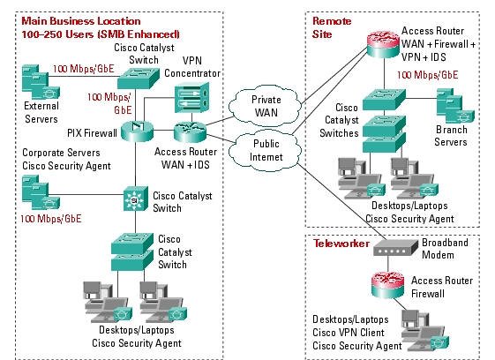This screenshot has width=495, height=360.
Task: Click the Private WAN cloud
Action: pyautogui.click(x=265, y=106)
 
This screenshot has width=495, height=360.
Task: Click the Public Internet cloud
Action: pyautogui.click(x=265, y=150)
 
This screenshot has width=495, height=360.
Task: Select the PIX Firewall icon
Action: pyautogui.click(x=137, y=131)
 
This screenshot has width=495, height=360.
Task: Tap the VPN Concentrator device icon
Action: pyautogui.click(x=192, y=98)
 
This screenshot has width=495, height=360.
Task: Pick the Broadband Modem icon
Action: pyautogui.click(x=395, y=248)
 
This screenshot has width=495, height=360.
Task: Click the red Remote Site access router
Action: pyautogui.click(x=383, y=44)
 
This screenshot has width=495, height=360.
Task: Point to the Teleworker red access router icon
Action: pyautogui.click(x=387, y=285)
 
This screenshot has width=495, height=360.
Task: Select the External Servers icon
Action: pyautogui.click(x=41, y=82)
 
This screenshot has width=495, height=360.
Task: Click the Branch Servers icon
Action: pyautogui.click(x=455, y=106)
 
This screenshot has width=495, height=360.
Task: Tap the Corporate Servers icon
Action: pyautogui.click(x=41, y=192)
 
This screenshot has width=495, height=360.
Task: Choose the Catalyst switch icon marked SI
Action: pyautogui.click(x=135, y=199)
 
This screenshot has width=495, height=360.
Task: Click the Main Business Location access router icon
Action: pyautogui.click(x=190, y=131)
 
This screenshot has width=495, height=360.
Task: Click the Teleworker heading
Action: pyautogui.click(x=341, y=244)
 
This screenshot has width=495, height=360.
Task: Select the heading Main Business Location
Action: pyautogui.click(x=81, y=21)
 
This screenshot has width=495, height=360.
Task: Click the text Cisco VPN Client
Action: pyautogui.click(x=349, y=333)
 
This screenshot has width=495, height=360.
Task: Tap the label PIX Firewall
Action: pyautogui.click(x=92, y=133)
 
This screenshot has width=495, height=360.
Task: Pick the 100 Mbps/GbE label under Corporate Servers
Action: pyautogui.click(x=51, y=219)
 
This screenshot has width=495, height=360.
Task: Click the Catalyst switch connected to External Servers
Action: pyautogui.click(x=139, y=78)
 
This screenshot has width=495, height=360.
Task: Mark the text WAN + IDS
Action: pyautogui.click(x=185, y=164)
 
